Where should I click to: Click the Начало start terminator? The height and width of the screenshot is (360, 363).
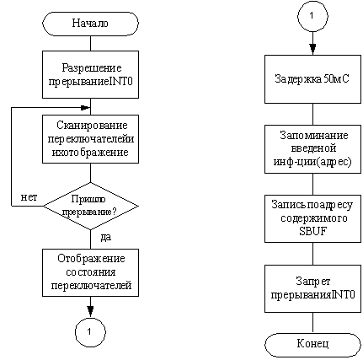click(x=90, y=24)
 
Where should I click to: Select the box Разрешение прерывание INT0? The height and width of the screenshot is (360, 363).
click(x=90, y=74)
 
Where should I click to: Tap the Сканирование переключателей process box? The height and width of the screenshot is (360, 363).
click(x=90, y=139)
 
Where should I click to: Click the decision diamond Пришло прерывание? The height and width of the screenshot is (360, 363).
click(x=90, y=206)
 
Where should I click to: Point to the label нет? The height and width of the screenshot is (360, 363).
click(x=29, y=197)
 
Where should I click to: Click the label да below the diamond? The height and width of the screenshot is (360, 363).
click(x=106, y=237)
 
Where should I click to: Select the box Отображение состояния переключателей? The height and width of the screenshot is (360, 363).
click(x=90, y=272)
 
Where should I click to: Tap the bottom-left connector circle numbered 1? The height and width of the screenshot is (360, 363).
click(x=90, y=332)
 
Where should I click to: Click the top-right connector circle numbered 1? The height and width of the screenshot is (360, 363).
click(x=312, y=15)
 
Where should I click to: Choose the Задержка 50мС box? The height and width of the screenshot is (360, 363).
click(x=312, y=79)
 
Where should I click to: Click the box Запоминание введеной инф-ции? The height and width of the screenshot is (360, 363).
click(x=312, y=149)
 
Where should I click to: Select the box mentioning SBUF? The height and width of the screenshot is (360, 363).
click(x=312, y=218)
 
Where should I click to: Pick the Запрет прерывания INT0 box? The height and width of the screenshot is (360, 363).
click(x=312, y=288)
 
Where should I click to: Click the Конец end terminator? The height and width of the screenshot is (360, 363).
click(x=312, y=345)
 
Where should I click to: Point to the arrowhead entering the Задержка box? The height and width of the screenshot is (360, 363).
click(x=312, y=50)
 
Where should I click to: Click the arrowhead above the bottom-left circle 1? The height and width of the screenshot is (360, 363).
click(x=90, y=311)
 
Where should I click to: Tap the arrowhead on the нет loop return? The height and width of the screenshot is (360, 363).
click(x=85, y=108)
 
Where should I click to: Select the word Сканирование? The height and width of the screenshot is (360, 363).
click(x=92, y=125)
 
